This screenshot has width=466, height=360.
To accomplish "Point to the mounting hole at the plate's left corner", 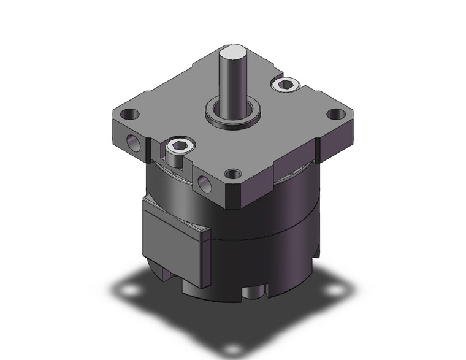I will click(x=131, y=115).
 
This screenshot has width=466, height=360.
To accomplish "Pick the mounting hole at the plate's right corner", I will click(x=334, y=114).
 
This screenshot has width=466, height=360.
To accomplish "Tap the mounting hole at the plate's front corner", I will click(x=232, y=175).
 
